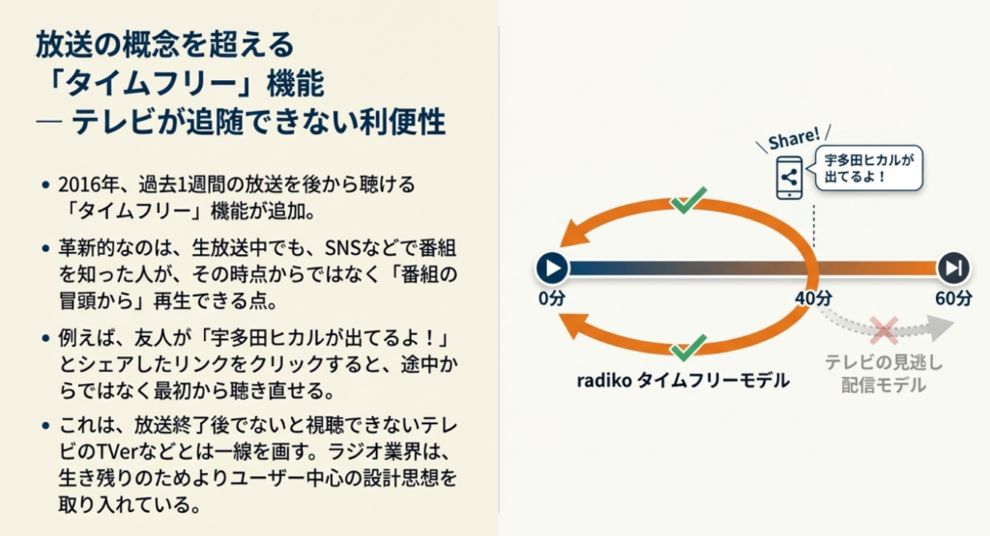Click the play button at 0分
tap(551, 268)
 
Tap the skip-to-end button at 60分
tap(952, 268)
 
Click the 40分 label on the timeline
tap(812, 298)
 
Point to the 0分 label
tap(552, 298)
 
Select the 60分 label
tap(953, 298)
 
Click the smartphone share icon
tap(789, 178)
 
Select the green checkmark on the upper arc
tap(688, 201)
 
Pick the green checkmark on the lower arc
tap(688, 347)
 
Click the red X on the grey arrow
tap(883, 329)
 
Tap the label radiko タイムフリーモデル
tap(683, 381)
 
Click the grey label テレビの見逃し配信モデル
tap(883, 374)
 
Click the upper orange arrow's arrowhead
tap(577, 232)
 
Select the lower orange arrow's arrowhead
tap(577, 330)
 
